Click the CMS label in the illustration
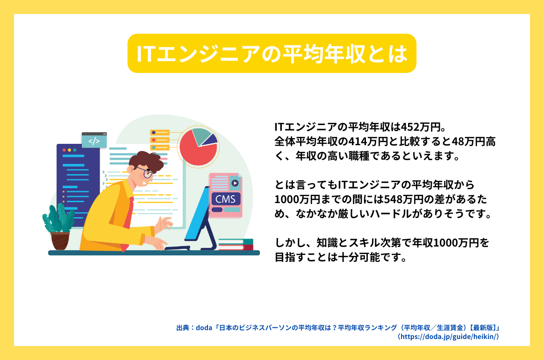pyautogui.click(x=225, y=199)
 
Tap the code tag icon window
pyautogui.click(x=94, y=141)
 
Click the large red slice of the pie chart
pyautogui.click(x=196, y=149)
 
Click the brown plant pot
pyautogui.click(x=60, y=241)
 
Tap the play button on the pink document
pyautogui.click(x=235, y=184)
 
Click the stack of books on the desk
pyautogui.click(x=236, y=244)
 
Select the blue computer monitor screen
pyautogui.click(x=197, y=215)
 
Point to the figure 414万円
pyautogui.click(x=367, y=141)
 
